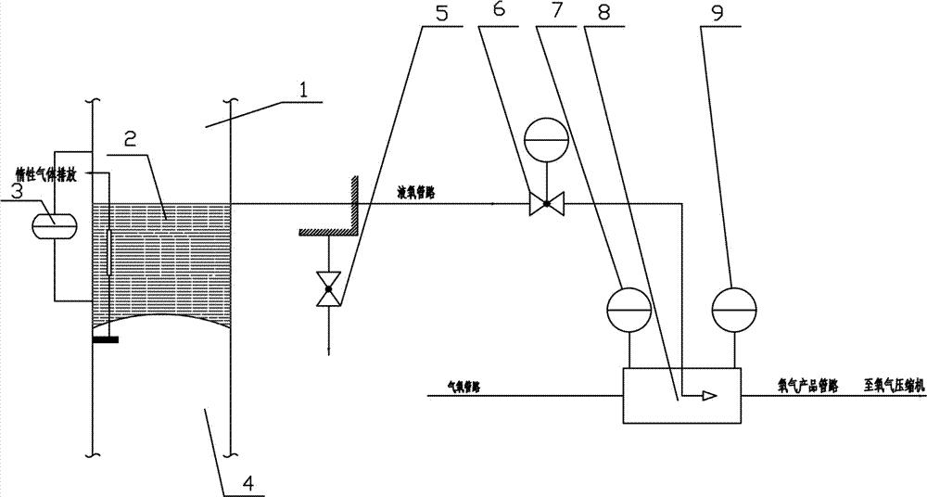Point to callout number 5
tap(438, 16)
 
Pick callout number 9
tap(716, 16)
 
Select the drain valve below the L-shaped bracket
tap(326, 287)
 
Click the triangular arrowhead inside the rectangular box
tap(707, 396)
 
